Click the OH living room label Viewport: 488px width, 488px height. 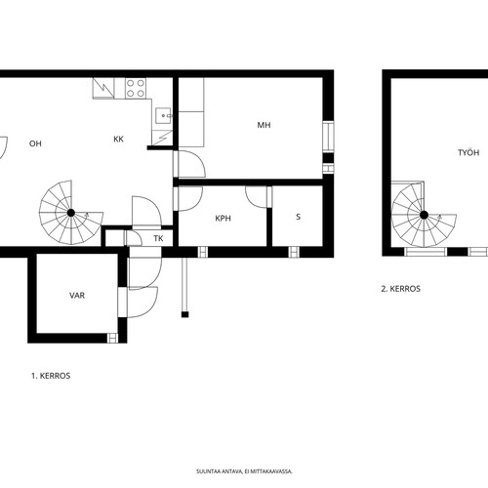coord(35,143)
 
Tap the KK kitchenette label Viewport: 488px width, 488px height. coord(118,139)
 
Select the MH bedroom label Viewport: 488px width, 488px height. coord(264,125)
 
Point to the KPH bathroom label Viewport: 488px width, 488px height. coord(224,218)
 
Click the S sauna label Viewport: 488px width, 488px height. coord(299,217)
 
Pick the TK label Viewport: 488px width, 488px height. coord(158,238)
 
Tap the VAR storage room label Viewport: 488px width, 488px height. coord(77,295)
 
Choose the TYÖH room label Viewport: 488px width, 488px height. coord(468,152)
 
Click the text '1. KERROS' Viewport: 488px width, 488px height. coord(51,376)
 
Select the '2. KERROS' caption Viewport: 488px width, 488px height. coord(401,289)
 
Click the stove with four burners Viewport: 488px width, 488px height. coord(136,88)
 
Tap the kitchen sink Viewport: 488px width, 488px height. coord(164,115)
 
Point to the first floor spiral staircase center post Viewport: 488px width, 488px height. coord(71,213)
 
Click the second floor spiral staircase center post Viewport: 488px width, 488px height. coord(424,215)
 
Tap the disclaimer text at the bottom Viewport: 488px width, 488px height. coord(244,471)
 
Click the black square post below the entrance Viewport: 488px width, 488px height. coord(184,314)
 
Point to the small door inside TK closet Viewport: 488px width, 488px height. coord(134,238)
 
